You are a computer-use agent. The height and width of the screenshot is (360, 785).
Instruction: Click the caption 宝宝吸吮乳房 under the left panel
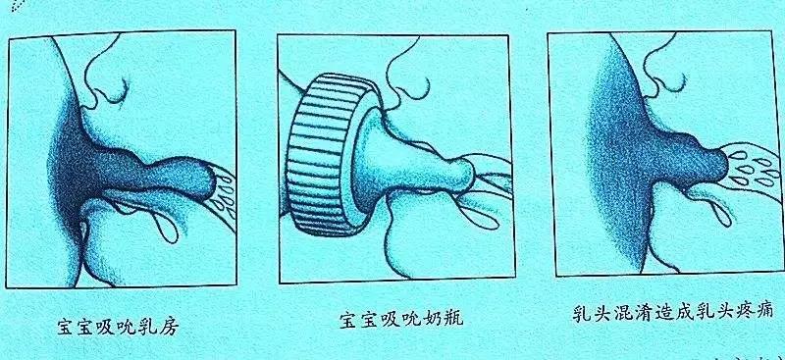click(119, 328)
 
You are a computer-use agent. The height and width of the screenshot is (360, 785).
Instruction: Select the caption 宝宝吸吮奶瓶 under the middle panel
click(401, 320)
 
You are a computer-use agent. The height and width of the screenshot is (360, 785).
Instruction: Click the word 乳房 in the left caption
click(159, 328)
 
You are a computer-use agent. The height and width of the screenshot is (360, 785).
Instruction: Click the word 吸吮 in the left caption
click(119, 328)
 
